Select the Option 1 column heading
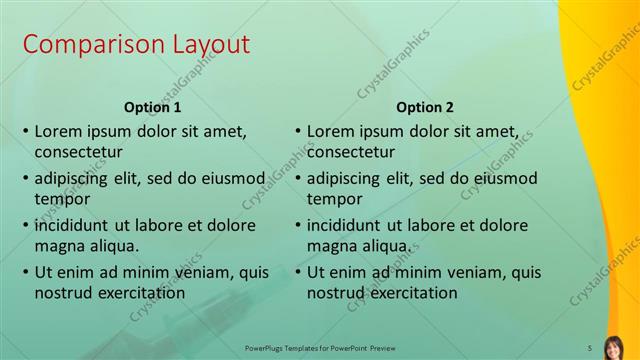152,106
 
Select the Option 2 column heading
424,106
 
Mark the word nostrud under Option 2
337,293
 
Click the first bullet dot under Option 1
25,131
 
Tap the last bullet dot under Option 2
297,271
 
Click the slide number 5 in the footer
589,347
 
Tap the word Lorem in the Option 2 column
331,131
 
